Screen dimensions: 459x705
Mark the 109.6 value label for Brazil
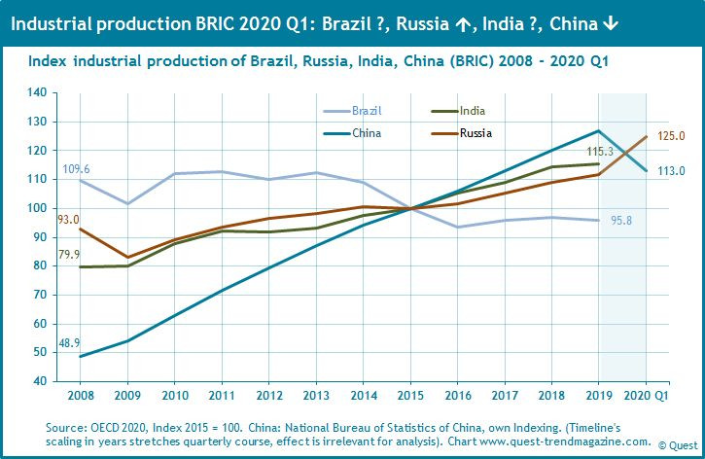click(76, 168)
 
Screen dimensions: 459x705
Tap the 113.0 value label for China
click(670, 170)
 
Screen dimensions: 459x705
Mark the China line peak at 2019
click(598, 130)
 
